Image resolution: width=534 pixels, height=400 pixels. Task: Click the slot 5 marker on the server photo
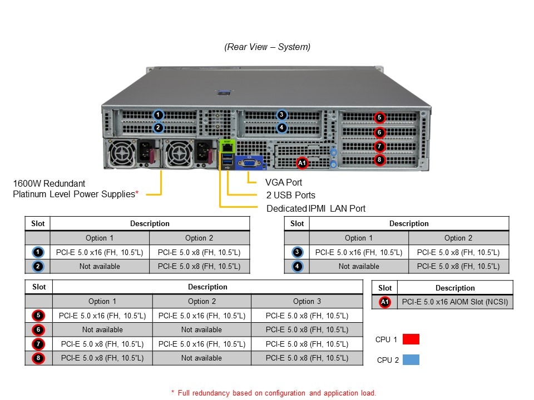tap(379, 117)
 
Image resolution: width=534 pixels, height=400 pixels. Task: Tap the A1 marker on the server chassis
tap(302, 163)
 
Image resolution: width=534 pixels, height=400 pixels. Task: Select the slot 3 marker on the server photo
tap(282, 115)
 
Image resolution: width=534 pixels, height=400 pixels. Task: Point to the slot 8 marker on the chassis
tap(379, 160)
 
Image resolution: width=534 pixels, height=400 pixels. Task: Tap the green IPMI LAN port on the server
tap(227, 147)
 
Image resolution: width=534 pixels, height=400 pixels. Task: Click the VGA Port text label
tap(284, 182)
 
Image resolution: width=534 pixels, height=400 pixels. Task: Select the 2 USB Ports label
tap(290, 196)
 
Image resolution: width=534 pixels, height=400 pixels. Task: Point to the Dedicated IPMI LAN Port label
tap(316, 208)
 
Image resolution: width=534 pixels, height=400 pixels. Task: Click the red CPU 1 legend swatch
tap(411, 339)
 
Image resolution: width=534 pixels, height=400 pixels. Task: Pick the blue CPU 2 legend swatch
tap(411, 359)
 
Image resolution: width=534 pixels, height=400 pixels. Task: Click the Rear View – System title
tap(268, 47)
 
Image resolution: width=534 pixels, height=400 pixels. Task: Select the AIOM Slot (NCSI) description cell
tap(455, 302)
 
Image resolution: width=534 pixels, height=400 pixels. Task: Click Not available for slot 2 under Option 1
tap(100, 267)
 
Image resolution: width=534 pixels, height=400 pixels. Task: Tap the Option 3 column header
tap(307, 301)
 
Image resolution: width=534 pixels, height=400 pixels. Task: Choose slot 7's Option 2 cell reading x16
tap(201, 344)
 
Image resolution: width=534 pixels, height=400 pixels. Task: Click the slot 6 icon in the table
tap(38, 329)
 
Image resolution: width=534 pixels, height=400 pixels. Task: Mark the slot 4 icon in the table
tap(298, 267)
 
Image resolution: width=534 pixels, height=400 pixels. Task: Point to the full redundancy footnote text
tap(273, 393)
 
